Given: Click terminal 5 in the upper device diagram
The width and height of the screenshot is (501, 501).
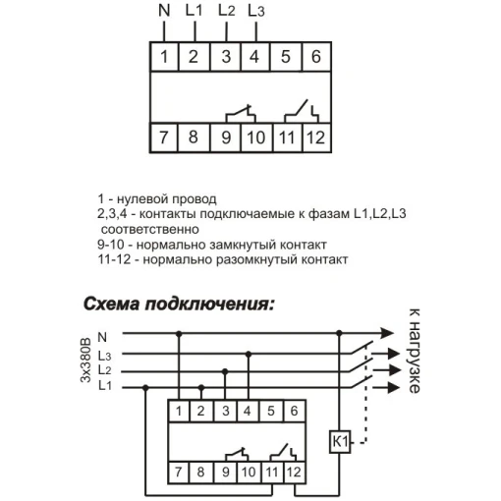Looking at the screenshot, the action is [286, 57].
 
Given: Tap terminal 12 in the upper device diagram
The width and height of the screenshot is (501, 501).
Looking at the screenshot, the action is [316, 138].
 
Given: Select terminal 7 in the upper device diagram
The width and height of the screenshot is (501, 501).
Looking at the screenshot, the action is [164, 138].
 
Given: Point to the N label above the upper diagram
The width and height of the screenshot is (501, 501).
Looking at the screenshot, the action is [164, 11].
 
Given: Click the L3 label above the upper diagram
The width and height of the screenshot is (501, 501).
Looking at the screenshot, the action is [256, 11].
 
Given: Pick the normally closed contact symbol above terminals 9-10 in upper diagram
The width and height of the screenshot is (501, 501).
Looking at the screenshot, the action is [241, 115].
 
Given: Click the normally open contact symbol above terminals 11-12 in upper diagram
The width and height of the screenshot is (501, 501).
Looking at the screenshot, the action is [302, 112].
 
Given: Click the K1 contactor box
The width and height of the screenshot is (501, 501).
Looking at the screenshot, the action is [340, 442].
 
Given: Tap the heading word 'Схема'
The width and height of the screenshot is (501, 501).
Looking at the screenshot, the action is [111, 305].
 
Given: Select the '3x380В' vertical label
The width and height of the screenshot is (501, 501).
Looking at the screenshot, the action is [85, 361].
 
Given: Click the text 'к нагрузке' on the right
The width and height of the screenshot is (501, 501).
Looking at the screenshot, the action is [414, 351].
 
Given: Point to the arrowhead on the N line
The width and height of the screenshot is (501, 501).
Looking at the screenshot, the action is [387, 333].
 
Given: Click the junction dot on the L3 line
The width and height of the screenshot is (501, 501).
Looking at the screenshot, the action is [249, 354].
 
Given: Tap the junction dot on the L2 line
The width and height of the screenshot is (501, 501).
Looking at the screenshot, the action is [225, 371].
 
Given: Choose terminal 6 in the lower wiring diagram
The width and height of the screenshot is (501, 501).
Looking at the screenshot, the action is [294, 411].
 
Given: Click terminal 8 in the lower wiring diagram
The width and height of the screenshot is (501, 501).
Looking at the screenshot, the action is [200, 473].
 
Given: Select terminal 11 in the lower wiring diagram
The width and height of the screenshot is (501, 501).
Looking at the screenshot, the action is [272, 473].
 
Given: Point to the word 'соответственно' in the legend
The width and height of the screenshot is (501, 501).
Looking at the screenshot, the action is [150, 229].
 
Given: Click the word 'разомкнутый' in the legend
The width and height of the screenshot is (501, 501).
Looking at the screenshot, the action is [256, 259].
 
